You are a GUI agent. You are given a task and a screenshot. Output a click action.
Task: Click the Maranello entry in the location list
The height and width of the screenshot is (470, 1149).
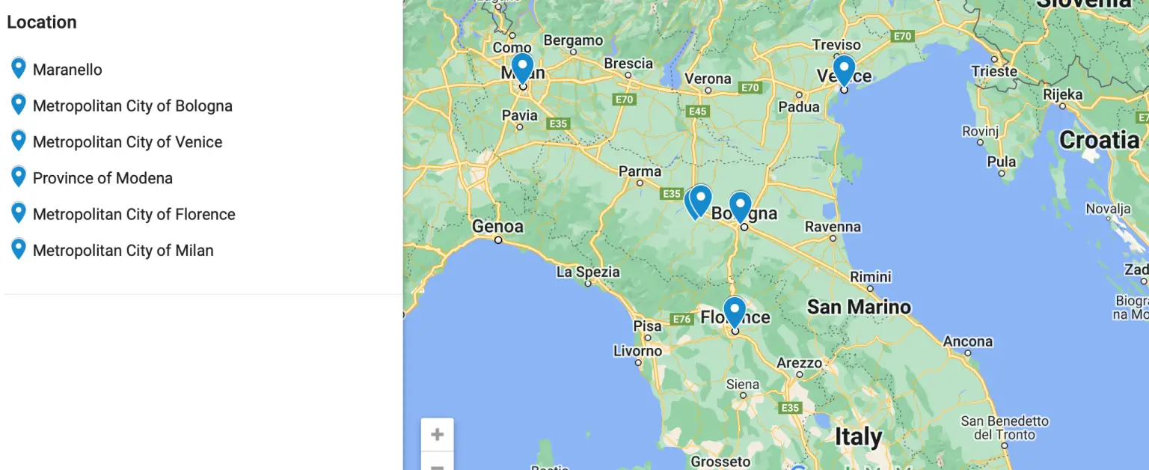coord(67,70)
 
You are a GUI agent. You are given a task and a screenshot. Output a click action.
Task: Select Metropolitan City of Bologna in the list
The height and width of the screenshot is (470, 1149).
coord(132,106)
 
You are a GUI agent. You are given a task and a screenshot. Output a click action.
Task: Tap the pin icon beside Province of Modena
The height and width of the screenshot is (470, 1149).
coord(19,177)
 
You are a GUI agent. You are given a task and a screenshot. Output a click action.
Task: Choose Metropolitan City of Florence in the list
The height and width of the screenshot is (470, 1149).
coord(134,215)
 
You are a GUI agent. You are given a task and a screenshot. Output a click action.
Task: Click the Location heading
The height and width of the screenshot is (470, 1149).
coord(42,22)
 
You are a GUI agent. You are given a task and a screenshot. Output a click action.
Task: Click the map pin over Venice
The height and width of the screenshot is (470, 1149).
coord(844,70)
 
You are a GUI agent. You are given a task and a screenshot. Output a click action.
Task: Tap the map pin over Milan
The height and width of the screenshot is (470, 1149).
coord(522,67)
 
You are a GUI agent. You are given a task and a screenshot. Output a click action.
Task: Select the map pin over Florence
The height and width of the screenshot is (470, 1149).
coord(735,311)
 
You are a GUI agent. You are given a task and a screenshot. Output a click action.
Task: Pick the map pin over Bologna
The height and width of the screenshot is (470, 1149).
coord(740,207)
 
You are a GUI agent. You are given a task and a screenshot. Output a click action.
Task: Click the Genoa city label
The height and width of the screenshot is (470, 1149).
coord(497,226)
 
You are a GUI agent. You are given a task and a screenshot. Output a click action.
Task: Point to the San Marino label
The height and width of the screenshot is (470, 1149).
coord(859,307)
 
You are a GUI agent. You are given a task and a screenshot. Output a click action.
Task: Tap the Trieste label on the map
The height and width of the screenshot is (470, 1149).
coord(994,72)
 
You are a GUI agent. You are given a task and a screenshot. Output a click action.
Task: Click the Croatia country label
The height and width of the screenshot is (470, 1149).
coord(1099,140)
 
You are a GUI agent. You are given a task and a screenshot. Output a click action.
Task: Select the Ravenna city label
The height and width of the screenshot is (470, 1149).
coord(833,227)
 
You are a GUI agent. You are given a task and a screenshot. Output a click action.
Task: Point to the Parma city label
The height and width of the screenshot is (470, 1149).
coord(640,171)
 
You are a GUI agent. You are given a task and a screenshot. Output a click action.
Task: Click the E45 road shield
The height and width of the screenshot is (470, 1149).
coord(697,112)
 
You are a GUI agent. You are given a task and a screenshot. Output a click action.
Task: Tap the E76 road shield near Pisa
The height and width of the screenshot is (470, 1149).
coord(681,320)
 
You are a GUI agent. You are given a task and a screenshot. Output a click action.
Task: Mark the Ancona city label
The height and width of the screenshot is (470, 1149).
coord(967,341)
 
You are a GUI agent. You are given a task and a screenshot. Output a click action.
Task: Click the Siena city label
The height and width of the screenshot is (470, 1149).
coord(742,385)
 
